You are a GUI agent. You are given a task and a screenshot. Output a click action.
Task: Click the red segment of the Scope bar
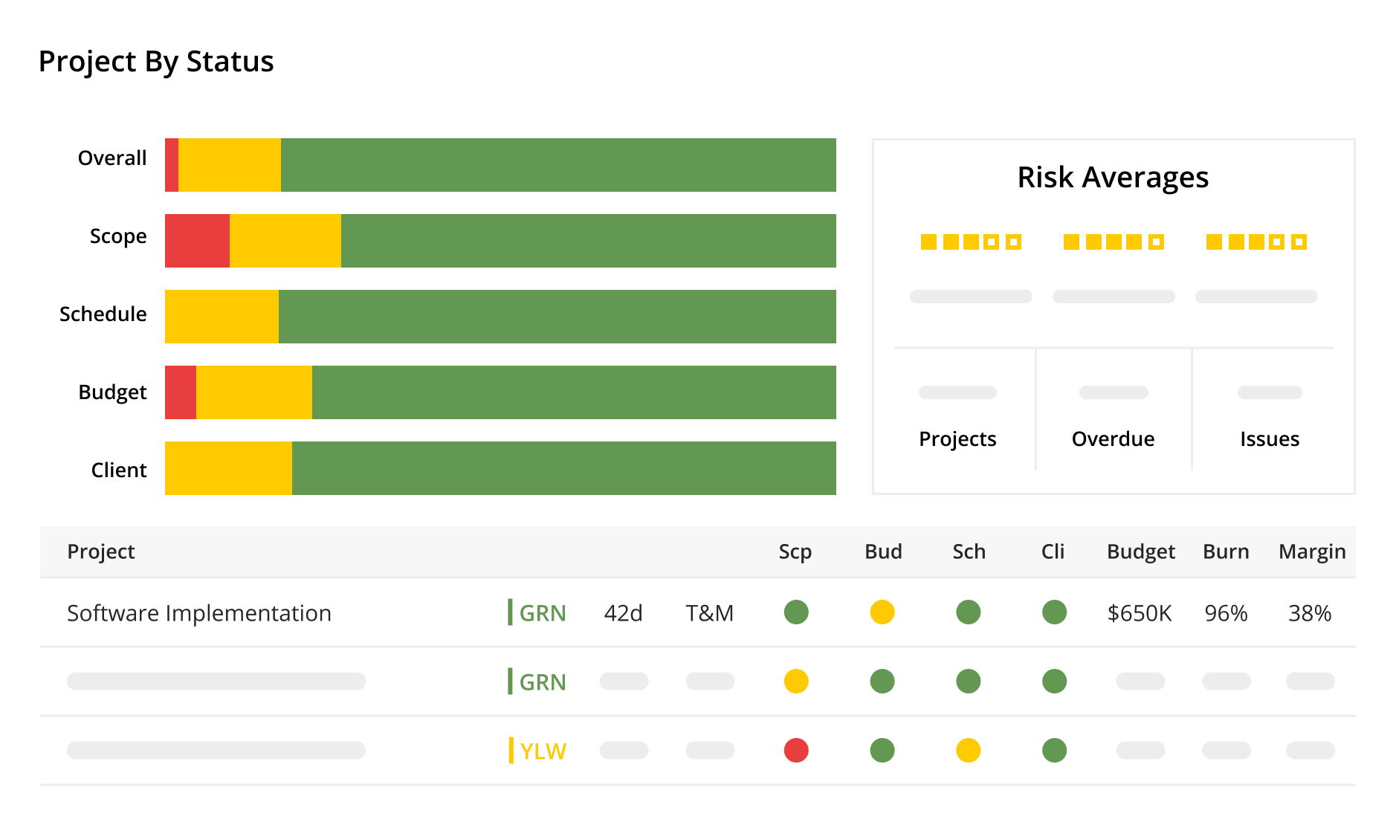pos(197,241)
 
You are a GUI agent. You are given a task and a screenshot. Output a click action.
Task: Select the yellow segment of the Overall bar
pos(229,165)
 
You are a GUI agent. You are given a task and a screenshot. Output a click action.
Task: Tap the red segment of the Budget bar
pos(181,392)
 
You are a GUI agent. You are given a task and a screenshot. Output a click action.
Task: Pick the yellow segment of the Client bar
pos(228,468)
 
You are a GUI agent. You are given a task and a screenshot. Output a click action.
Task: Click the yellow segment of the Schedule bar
pos(222,317)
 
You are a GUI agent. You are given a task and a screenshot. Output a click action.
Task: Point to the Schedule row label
pos(103,314)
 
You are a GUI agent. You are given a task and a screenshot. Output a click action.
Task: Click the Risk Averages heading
pos(1113,178)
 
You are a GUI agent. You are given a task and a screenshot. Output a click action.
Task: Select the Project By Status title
pos(156,62)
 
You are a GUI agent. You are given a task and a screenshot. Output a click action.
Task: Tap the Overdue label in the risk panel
pos(1113,439)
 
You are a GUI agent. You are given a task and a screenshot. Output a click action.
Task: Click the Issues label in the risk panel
pos(1269,439)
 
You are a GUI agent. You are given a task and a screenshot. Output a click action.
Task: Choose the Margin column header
pos(1311,551)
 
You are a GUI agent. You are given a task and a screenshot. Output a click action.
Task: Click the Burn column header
pos(1225,551)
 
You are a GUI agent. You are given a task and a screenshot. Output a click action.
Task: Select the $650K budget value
pos(1139,613)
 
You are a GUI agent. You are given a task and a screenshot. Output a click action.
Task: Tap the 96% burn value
pos(1225,613)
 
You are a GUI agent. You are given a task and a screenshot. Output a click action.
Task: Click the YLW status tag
pos(542,751)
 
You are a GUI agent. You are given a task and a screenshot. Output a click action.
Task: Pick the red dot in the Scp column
pos(795,751)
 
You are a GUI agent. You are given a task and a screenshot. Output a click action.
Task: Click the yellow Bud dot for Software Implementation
pos(882,612)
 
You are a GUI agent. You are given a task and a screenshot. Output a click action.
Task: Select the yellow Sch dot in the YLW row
pos(968,751)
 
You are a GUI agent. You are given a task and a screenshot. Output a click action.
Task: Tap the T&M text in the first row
pos(709,613)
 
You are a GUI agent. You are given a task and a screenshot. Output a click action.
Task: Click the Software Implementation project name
pos(199,613)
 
